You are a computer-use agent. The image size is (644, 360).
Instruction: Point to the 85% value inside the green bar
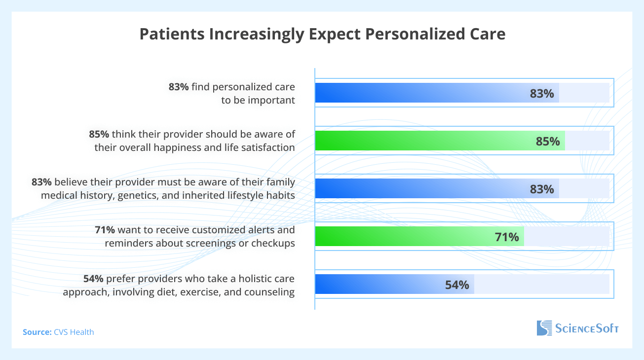548,142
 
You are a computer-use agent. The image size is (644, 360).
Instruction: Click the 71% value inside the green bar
507,237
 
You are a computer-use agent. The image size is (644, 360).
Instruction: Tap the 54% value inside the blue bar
457,285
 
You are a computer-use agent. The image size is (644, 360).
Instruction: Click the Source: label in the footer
37,332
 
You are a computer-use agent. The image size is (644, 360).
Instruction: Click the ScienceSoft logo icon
544,328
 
